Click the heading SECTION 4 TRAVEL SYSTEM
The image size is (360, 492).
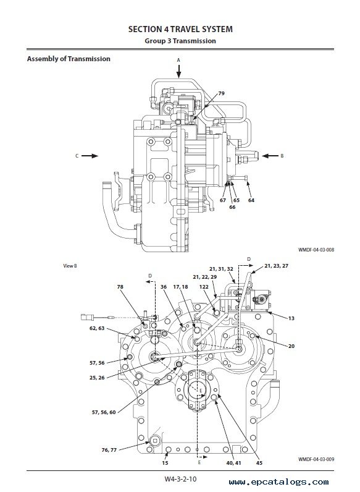click(180, 29)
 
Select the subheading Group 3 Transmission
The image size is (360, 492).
click(180, 41)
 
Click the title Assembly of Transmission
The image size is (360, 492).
click(68, 59)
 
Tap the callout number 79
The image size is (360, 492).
click(221, 93)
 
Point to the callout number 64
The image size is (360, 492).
click(251, 200)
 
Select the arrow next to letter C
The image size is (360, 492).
click(90, 156)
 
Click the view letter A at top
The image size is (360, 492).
click(178, 59)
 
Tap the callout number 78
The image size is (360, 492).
click(120, 287)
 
